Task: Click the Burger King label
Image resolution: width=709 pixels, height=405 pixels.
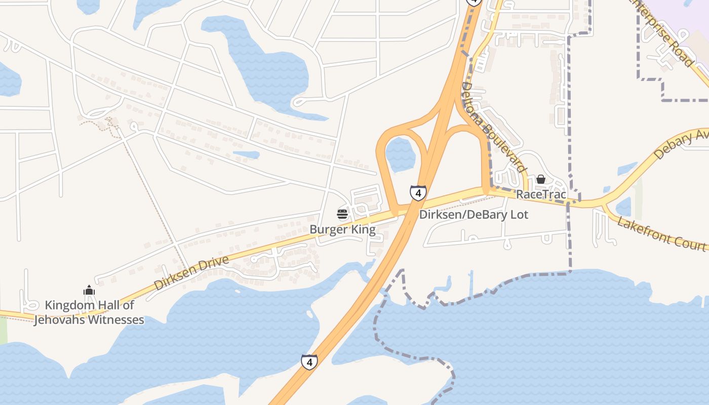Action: click(x=343, y=229)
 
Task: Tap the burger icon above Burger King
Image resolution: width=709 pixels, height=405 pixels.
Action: click(x=342, y=214)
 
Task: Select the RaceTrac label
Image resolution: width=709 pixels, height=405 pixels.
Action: click(x=541, y=194)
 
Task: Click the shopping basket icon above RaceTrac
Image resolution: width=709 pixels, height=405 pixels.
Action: click(x=541, y=179)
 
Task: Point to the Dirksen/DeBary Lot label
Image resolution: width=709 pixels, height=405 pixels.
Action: click(x=474, y=215)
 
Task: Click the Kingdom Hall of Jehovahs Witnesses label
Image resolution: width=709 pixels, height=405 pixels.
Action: click(x=89, y=312)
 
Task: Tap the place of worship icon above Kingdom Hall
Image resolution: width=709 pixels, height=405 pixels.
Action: click(x=89, y=290)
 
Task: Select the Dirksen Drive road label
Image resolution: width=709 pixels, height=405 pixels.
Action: click(x=191, y=273)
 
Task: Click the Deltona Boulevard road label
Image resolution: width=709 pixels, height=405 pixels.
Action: click(x=491, y=127)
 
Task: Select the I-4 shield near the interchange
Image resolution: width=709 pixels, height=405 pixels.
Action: click(x=418, y=193)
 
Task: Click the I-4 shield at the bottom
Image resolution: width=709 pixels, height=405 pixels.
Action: click(x=309, y=362)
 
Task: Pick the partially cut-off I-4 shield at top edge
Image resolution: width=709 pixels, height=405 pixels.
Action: click(x=474, y=2)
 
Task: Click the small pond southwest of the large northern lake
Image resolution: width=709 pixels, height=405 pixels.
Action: click(x=246, y=154)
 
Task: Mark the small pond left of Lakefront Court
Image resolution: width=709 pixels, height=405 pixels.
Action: click(x=623, y=207)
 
